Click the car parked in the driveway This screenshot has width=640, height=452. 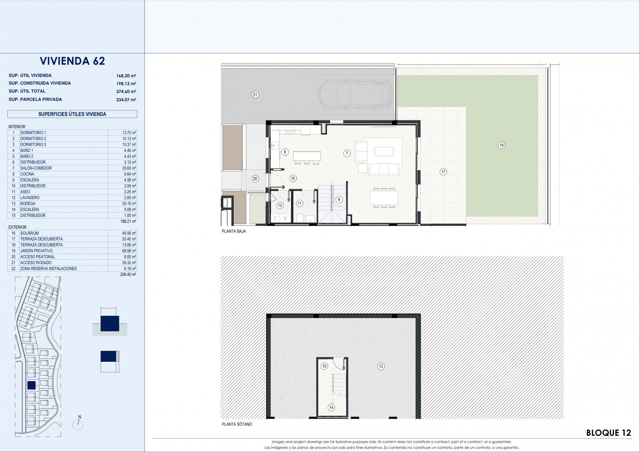pyautogui.click(x=356, y=95)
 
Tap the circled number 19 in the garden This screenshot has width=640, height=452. pyautogui.click(x=501, y=145)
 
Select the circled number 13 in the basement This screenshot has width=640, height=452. pyautogui.click(x=381, y=366)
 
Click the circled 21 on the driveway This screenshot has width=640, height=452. pyautogui.click(x=255, y=95)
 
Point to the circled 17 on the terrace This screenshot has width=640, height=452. pyautogui.click(x=443, y=172)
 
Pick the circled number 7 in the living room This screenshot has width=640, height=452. pyautogui.click(x=347, y=153)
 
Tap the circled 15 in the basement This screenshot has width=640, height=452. pyautogui.click(x=324, y=366)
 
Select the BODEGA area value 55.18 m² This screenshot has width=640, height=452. pyautogui.click(x=130, y=204)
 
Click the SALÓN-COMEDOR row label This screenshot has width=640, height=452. pyautogui.click(x=36, y=168)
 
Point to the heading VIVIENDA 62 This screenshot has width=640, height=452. pyautogui.click(x=72, y=61)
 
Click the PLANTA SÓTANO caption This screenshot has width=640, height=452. pyautogui.click(x=237, y=424)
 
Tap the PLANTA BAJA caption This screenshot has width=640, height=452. pyautogui.click(x=234, y=231)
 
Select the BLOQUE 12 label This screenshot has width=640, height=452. pyautogui.click(x=609, y=433)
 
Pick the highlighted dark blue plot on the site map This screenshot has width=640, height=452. pyautogui.click(x=31, y=385)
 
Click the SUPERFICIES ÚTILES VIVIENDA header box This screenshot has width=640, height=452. pyautogui.click(x=72, y=114)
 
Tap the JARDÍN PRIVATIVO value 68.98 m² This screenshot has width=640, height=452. pyautogui.click(x=130, y=251)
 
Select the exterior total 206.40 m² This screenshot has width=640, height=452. pyautogui.click(x=128, y=275)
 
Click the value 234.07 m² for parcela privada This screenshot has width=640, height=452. pyautogui.click(x=126, y=100)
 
